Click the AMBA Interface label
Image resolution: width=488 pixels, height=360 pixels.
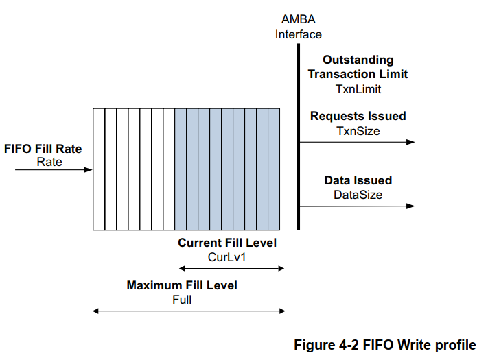coord(299,27)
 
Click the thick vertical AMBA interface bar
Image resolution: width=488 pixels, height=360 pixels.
coord(299,137)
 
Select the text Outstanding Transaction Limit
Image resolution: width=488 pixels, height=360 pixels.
coord(358,67)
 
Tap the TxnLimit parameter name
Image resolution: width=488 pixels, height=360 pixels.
coord(358,88)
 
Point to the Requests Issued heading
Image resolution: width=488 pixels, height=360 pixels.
coord(358,116)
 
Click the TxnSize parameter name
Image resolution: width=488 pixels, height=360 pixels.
coord(358,130)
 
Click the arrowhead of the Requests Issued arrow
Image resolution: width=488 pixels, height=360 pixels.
coord(410,142)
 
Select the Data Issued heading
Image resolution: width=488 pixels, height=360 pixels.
coord(358,180)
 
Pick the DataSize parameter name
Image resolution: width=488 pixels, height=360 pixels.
coord(358,195)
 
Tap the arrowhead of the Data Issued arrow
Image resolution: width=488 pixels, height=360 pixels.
coord(410,206)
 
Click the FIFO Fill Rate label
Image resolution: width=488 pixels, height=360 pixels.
coord(47,149)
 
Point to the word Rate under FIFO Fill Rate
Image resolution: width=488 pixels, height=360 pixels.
coord(49,162)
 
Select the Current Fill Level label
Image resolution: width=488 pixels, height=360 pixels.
coord(227,243)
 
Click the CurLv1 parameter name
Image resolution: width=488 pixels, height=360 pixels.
coord(227,256)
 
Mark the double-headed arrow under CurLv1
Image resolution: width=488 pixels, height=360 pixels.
coord(231,269)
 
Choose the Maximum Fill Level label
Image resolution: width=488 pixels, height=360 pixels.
coord(182,285)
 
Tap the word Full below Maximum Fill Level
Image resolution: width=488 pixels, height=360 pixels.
coord(182,299)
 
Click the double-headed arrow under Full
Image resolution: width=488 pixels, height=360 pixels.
coord(188,311)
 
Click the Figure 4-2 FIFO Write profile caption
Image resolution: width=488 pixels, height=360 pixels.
coord(384,345)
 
